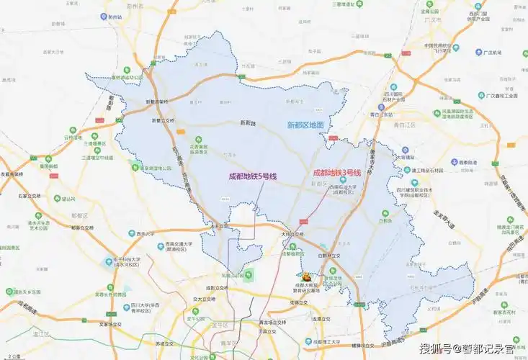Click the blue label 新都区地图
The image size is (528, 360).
306,125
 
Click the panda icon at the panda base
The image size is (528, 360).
306,276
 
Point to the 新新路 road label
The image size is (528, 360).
248,122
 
